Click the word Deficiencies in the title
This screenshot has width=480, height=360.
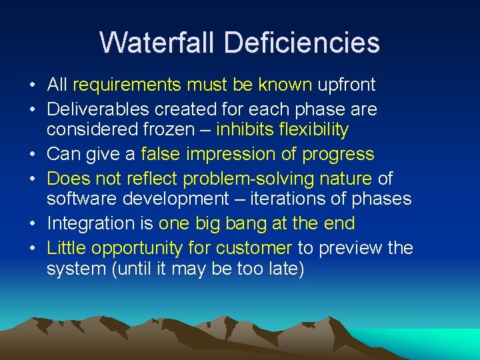[302, 42]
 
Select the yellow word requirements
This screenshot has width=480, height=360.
[127, 85]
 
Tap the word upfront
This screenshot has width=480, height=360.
[347, 85]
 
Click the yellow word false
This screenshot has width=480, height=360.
[161, 154]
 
